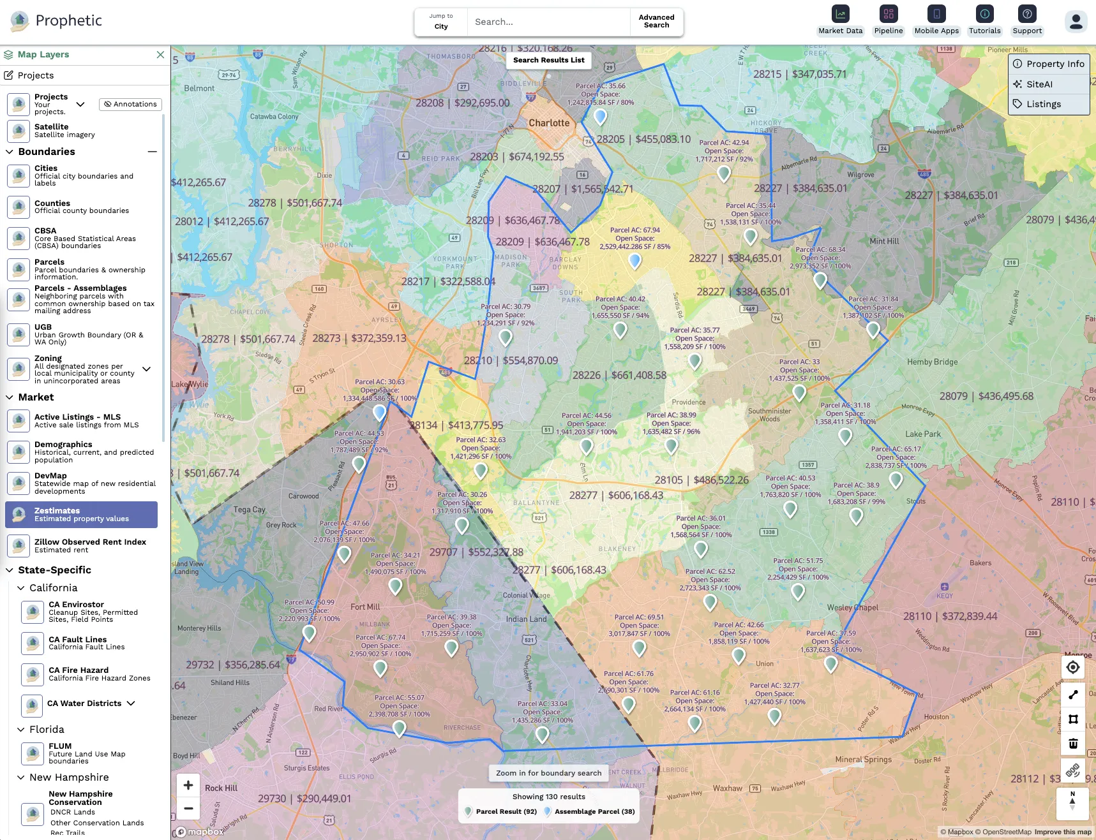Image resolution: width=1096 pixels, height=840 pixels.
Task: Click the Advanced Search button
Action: click(656, 22)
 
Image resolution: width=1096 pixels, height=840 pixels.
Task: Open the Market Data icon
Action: click(840, 14)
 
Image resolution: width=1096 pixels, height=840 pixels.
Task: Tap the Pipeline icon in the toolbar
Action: click(888, 14)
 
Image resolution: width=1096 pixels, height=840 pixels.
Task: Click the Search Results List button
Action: click(548, 60)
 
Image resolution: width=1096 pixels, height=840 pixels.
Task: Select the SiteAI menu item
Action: click(1039, 84)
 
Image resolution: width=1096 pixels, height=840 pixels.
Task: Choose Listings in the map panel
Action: click(1043, 104)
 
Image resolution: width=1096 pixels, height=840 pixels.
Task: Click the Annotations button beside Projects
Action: click(130, 104)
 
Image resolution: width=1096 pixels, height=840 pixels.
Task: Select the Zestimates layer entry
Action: click(81, 515)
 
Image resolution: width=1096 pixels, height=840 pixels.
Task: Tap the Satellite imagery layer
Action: click(64, 131)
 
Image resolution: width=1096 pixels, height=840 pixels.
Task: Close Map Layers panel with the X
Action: click(160, 55)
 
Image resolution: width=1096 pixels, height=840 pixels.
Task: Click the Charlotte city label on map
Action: click(549, 123)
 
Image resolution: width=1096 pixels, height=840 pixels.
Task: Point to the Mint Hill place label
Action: click(884, 241)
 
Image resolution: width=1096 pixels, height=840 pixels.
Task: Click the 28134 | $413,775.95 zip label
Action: click(456, 425)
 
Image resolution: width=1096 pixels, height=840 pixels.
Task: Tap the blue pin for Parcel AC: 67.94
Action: click(634, 260)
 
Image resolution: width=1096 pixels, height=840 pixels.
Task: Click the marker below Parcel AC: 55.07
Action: click(400, 728)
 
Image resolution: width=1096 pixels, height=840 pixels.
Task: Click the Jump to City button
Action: click(441, 22)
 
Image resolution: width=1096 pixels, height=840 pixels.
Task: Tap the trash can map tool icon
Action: click(1073, 744)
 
